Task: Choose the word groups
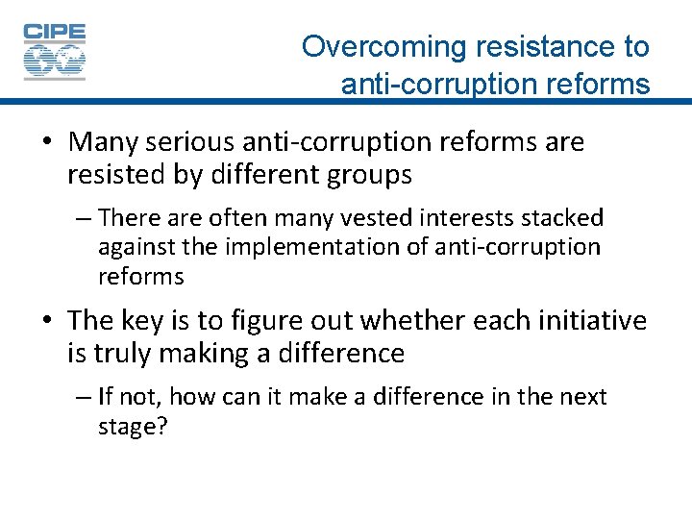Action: pos(369,175)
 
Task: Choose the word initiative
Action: pos(584,320)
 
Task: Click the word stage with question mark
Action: pos(133,426)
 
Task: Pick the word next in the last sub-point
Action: pos(581,397)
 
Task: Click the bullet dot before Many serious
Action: pos(46,143)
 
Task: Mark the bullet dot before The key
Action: pos(46,321)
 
